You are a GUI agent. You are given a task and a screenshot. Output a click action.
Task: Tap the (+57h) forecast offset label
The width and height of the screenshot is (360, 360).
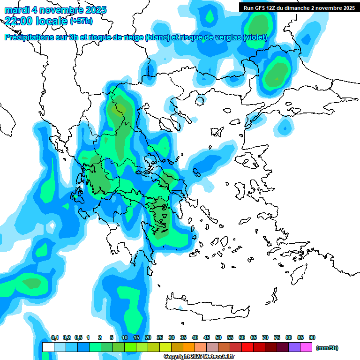tap(81, 21)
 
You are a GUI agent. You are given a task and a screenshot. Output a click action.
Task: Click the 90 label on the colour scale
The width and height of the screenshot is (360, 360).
tap(312, 337)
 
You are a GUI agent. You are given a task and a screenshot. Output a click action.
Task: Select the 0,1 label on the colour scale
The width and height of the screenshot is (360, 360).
tap(55, 337)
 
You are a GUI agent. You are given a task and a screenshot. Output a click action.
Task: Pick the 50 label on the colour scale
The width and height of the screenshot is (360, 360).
tap(218, 337)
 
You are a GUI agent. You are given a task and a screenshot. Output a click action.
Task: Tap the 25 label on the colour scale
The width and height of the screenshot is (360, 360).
tap(160, 337)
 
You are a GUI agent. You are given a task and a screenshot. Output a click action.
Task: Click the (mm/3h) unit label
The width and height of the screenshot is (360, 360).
tap(327, 348)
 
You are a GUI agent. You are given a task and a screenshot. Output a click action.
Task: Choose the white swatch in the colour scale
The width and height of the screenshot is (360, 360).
tap(48, 347)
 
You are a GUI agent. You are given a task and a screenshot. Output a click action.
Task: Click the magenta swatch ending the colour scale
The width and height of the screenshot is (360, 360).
tap(306, 347)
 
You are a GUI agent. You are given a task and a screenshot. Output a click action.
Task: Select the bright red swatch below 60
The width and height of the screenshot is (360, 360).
tap(247, 347)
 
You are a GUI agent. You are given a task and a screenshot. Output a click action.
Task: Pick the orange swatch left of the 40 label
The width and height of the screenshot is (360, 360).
tap(189, 347)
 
